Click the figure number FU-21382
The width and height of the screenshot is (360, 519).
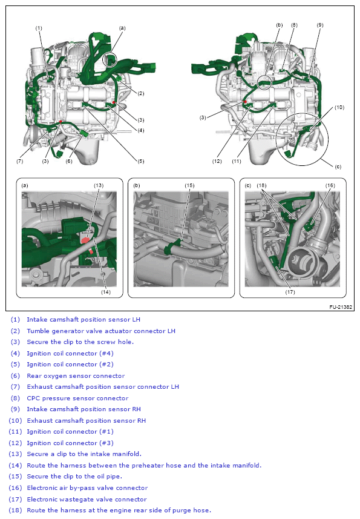(340, 307)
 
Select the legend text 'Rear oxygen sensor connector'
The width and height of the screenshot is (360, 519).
(75, 375)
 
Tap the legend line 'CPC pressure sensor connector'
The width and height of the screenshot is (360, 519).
(77, 398)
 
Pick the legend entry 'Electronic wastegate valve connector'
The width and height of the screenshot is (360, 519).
(86, 499)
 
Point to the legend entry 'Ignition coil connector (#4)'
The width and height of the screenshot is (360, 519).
(70, 353)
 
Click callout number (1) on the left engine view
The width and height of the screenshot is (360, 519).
(39, 28)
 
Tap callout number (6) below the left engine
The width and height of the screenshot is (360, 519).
(69, 161)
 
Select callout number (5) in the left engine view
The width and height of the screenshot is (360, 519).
(140, 161)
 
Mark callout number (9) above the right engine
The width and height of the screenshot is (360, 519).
(319, 25)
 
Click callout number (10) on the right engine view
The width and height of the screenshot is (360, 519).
(339, 107)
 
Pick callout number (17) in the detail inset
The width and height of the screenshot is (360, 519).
(290, 291)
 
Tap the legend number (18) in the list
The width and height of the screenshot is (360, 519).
(15, 511)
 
